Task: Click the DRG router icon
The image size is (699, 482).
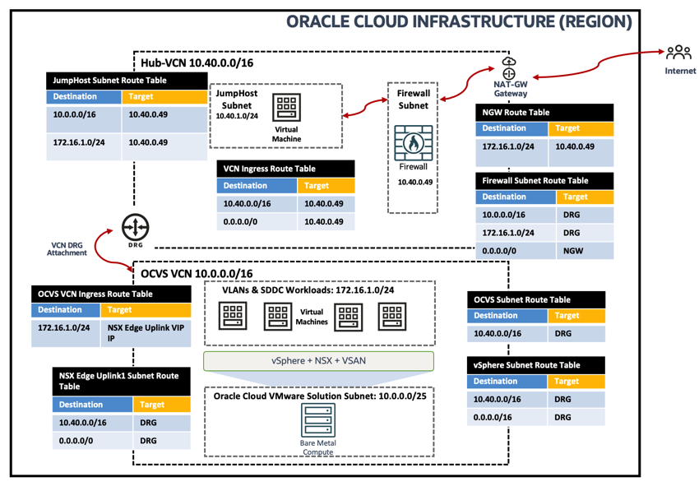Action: (x=135, y=228)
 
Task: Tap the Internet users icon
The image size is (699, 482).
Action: (x=679, y=54)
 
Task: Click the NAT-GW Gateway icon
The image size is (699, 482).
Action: (x=509, y=69)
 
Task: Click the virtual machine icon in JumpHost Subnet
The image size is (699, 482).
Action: (x=287, y=108)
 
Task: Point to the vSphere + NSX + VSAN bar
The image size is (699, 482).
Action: (x=319, y=360)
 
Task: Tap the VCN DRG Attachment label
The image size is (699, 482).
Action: (x=67, y=248)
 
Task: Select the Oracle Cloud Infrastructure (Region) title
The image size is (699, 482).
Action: (x=459, y=21)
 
